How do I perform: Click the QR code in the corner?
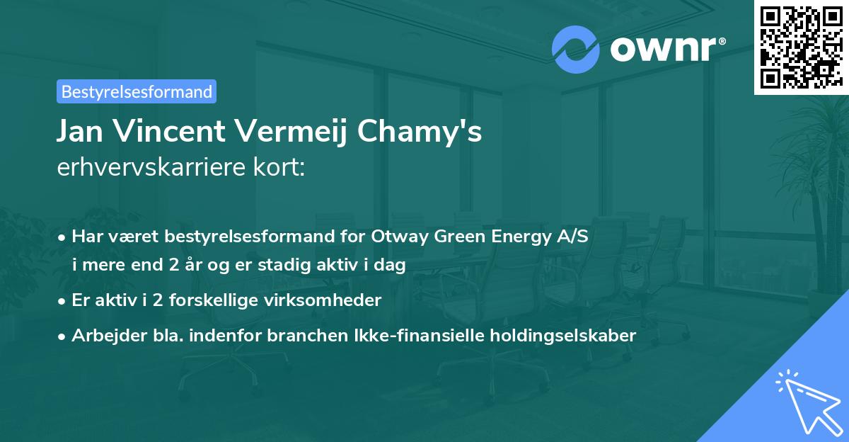801,47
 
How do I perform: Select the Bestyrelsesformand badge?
137,91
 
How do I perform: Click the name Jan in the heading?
83,132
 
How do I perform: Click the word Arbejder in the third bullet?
102,335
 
